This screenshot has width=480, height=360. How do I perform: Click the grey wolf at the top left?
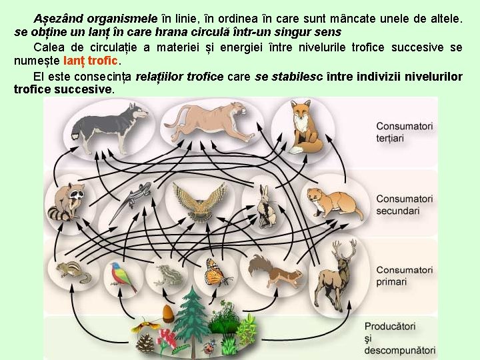coord(110,127)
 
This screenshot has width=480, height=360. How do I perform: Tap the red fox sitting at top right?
coord(305,127)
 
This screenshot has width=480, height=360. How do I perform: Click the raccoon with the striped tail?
coord(67,201)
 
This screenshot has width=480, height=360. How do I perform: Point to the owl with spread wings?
coord(198,201)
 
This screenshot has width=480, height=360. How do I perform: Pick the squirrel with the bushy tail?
coord(273,270)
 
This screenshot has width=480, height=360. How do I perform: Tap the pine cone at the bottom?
coord(145,343)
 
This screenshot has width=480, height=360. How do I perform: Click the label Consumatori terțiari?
coord(404,132)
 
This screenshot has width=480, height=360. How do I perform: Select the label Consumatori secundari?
coord(404,205)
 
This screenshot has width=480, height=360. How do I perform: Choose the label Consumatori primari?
coord(404,276)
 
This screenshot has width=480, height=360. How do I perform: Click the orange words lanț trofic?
coord(90,61)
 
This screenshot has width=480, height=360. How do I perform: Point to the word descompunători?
coord(399,351)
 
